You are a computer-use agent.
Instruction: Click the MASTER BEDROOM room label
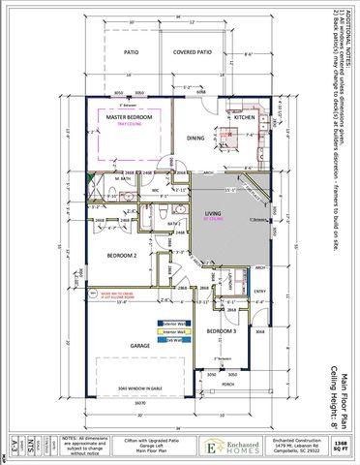(131, 116)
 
